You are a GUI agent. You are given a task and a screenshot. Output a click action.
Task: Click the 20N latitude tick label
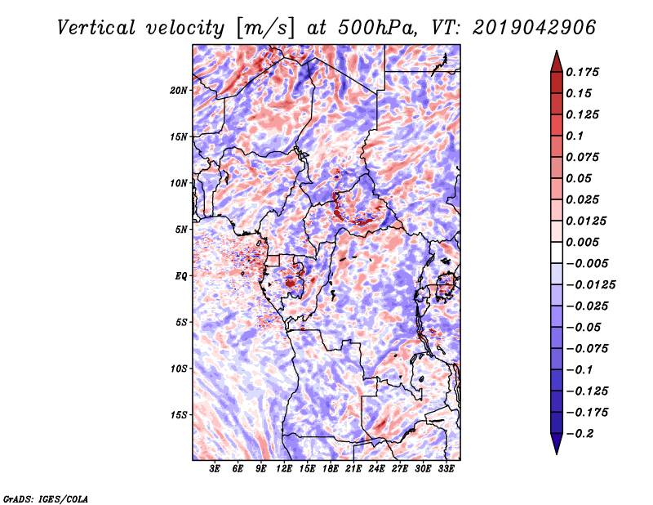179,91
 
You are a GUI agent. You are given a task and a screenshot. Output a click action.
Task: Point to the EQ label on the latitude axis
180,276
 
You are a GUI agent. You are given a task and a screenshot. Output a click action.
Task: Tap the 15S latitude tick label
179,415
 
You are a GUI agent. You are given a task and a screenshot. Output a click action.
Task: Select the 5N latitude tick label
181,230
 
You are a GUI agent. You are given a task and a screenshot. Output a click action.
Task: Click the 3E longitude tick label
215,469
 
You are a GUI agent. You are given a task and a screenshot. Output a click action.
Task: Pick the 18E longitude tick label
331,469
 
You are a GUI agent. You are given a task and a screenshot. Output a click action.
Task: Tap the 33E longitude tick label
446,469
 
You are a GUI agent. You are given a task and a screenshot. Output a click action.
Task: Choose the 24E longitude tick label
376,469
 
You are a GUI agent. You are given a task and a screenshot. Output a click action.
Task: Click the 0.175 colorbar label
582,72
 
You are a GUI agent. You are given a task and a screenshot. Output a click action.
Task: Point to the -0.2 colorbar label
580,434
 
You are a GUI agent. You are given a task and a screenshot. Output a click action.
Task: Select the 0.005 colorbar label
582,242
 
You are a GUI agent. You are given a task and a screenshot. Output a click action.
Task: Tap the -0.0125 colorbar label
590,285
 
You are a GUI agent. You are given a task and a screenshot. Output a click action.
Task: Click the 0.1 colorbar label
575,136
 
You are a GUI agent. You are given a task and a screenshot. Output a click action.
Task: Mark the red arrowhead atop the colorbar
557,61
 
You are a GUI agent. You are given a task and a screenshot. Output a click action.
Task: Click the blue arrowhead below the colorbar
557,444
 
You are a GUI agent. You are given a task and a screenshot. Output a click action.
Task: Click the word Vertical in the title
96,28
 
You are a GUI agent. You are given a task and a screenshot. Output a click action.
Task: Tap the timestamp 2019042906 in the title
535,28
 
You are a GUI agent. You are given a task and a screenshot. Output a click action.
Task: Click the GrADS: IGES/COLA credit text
46,499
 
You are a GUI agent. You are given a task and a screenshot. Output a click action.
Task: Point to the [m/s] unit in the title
265,28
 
